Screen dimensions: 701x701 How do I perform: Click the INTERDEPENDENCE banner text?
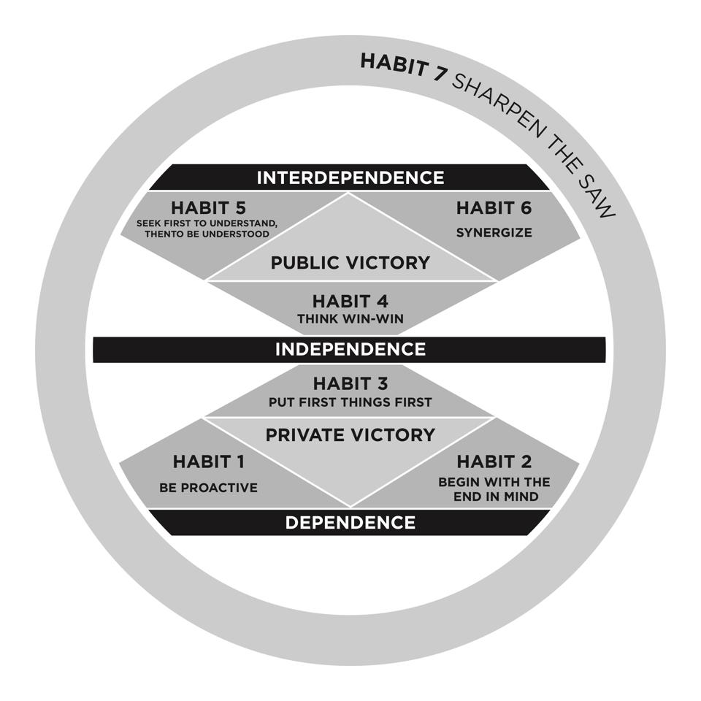coord(350,177)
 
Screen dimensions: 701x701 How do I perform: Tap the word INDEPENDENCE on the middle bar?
coord(350,349)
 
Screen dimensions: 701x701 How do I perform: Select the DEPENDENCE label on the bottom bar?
coord(350,522)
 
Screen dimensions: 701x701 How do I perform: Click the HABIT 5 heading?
coord(208,208)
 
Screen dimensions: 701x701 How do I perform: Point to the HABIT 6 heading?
coord(494,208)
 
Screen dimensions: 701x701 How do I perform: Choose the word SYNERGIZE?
coord(494,232)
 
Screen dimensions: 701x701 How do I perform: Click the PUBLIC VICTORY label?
coord(350,262)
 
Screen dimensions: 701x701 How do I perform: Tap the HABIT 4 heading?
coord(350,302)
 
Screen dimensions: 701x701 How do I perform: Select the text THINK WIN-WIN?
coord(350,319)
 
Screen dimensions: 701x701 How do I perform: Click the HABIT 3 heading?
coord(350,383)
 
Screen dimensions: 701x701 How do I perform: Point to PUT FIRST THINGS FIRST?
coord(350,402)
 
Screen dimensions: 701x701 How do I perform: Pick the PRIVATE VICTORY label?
coord(350,434)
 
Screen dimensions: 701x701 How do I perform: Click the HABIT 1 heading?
coord(209,461)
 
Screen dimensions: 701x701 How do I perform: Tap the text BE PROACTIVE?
coord(208,488)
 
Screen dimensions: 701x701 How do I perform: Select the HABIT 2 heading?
coord(494,461)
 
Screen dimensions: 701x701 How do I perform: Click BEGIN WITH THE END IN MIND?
coord(494,489)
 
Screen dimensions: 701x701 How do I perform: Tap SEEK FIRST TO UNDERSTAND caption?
coord(207,223)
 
